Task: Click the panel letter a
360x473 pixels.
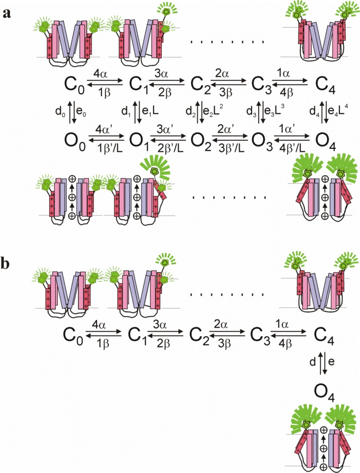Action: pyautogui.click(x=7, y=13)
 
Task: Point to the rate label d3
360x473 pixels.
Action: pyautogui.click(x=252, y=112)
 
